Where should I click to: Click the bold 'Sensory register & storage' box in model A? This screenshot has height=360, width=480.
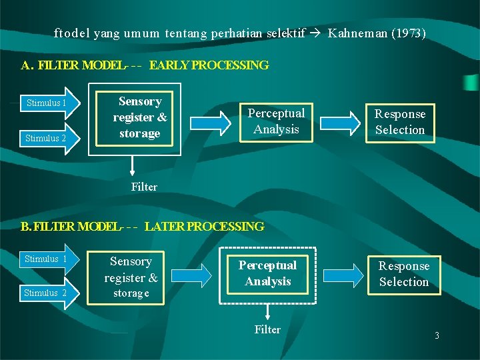139,117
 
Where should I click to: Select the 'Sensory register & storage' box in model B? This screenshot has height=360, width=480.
131,277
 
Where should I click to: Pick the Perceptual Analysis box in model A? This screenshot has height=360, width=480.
276,121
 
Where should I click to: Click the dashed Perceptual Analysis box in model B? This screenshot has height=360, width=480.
268,274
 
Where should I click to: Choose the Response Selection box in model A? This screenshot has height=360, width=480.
399,122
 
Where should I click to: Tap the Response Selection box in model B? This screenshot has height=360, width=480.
404,274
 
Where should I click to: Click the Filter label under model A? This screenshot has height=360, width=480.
144,187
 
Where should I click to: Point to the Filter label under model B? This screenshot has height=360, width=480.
268,329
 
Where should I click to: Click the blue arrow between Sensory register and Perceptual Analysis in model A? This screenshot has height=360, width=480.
208,121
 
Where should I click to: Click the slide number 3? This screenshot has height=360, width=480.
437,336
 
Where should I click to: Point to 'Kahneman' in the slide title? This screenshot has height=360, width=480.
359,33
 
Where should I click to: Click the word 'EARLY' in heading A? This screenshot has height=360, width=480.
169,65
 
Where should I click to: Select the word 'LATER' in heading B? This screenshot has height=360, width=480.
165,227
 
